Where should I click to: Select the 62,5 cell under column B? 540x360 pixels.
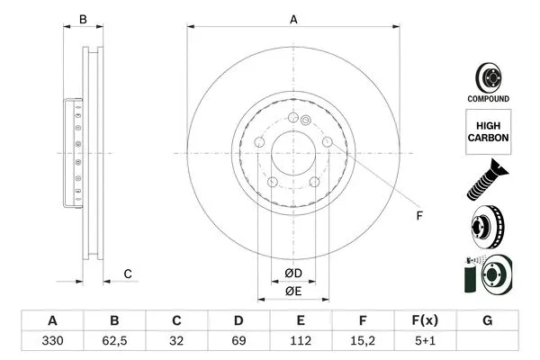[114, 343]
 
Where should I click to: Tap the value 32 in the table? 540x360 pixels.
[176, 343]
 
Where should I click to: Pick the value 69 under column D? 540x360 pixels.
[238, 343]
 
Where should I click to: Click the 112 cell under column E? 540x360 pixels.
[301, 343]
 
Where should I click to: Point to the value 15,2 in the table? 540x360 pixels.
[363, 343]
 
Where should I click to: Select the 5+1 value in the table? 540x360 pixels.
[425, 343]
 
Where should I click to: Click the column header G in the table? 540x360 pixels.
[487, 321]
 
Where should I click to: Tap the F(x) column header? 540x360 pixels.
[425, 321]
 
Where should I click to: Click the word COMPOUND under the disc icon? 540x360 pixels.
[487, 98]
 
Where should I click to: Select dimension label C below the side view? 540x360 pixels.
[128, 274]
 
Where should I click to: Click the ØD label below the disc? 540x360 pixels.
[293, 273]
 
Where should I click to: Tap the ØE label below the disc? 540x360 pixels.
[293, 291]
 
